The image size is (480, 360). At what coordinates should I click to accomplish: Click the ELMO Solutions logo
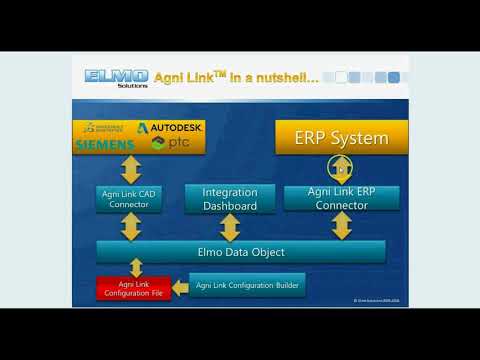tap(116, 78)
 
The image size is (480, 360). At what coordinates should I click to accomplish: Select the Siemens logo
tap(103, 145)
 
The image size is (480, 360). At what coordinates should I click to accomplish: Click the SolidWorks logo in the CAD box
tap(104, 128)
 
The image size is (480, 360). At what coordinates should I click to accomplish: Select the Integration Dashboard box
tap(230, 198)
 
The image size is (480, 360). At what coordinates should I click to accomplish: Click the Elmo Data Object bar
tap(241, 251)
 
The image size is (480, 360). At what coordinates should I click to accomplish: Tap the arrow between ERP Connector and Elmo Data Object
tap(342, 225)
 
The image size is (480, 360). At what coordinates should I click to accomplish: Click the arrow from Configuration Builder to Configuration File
tap(180, 288)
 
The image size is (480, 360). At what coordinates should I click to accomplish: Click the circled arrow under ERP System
tap(341, 168)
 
